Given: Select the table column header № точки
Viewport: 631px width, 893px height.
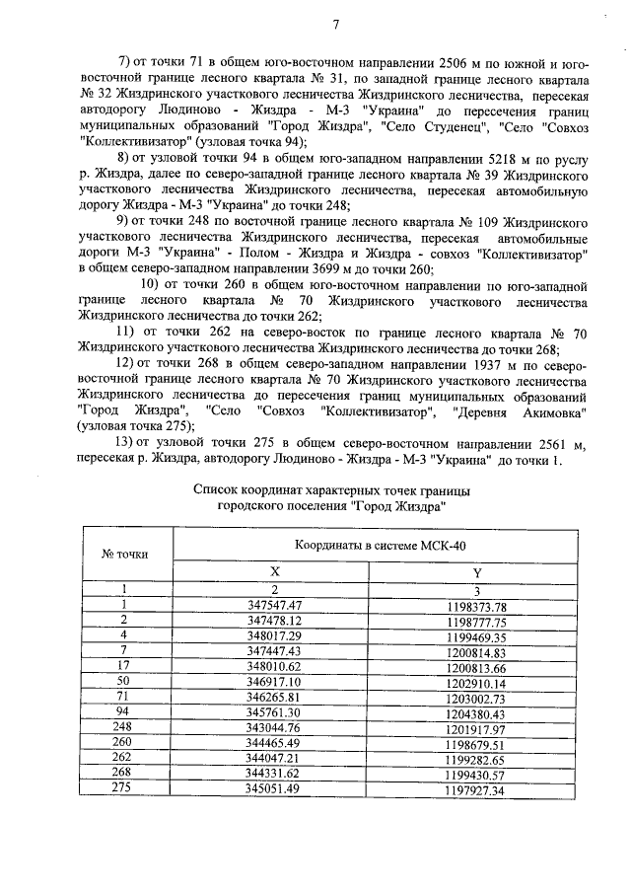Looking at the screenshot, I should (125, 554).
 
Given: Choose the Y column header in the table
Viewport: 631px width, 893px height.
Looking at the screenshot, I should (477, 571).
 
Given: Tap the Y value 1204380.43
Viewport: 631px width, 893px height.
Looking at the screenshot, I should (476, 713).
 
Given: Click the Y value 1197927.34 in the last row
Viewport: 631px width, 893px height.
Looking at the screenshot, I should (476, 791).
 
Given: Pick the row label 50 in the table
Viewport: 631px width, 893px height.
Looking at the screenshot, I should (124, 683).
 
